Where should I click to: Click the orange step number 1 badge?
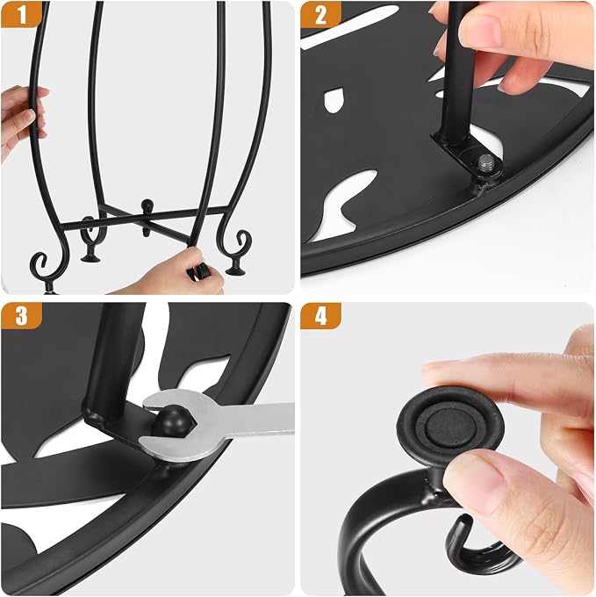(21, 14)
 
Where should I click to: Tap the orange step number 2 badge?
(321, 14)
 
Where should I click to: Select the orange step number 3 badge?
(21, 315)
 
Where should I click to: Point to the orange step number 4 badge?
(321, 315)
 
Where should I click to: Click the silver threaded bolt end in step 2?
(487, 162)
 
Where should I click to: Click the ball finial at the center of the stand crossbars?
(146, 205)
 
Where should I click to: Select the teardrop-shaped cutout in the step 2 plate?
(334, 100)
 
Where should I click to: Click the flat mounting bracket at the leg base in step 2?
(465, 155)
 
